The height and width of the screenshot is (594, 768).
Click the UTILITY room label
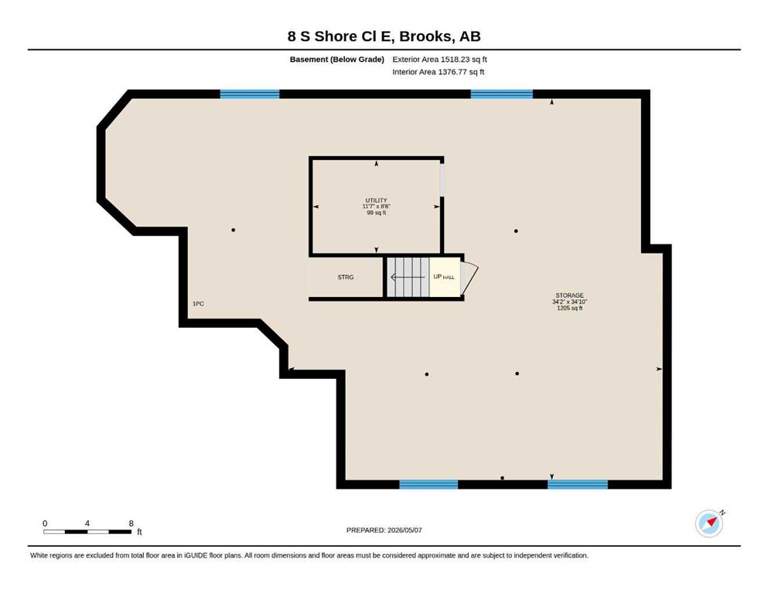pyautogui.click(x=376, y=200)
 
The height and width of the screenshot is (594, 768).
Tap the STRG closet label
pyautogui.click(x=345, y=277)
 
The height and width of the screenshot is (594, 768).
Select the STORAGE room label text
pyautogui.click(x=569, y=295)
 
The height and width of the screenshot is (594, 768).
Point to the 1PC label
pyautogui.click(x=198, y=304)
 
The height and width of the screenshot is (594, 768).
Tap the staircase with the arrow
pyautogui.click(x=408, y=278)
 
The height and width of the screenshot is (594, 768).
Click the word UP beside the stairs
pyautogui.click(x=438, y=277)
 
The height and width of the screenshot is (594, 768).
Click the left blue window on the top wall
pyautogui.click(x=250, y=94)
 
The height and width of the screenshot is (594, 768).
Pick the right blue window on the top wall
pyautogui.click(x=501, y=94)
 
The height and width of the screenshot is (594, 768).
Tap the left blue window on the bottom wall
pyautogui.click(x=428, y=484)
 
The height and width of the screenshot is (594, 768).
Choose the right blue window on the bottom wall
pyautogui.click(x=578, y=484)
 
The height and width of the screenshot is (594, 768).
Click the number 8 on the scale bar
pyautogui.click(x=131, y=523)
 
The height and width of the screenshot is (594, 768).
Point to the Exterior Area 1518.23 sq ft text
pyautogui.click(x=439, y=60)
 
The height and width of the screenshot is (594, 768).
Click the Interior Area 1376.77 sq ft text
pyautogui.click(x=439, y=72)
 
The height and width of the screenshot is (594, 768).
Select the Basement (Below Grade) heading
pyautogui.click(x=337, y=60)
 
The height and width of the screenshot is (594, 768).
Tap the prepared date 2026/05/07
pyautogui.click(x=404, y=530)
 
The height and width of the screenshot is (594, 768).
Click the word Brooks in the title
pyautogui.click(x=425, y=36)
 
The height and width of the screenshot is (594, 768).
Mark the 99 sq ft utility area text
pyautogui.click(x=376, y=213)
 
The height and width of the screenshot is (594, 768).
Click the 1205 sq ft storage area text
pyautogui.click(x=569, y=308)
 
